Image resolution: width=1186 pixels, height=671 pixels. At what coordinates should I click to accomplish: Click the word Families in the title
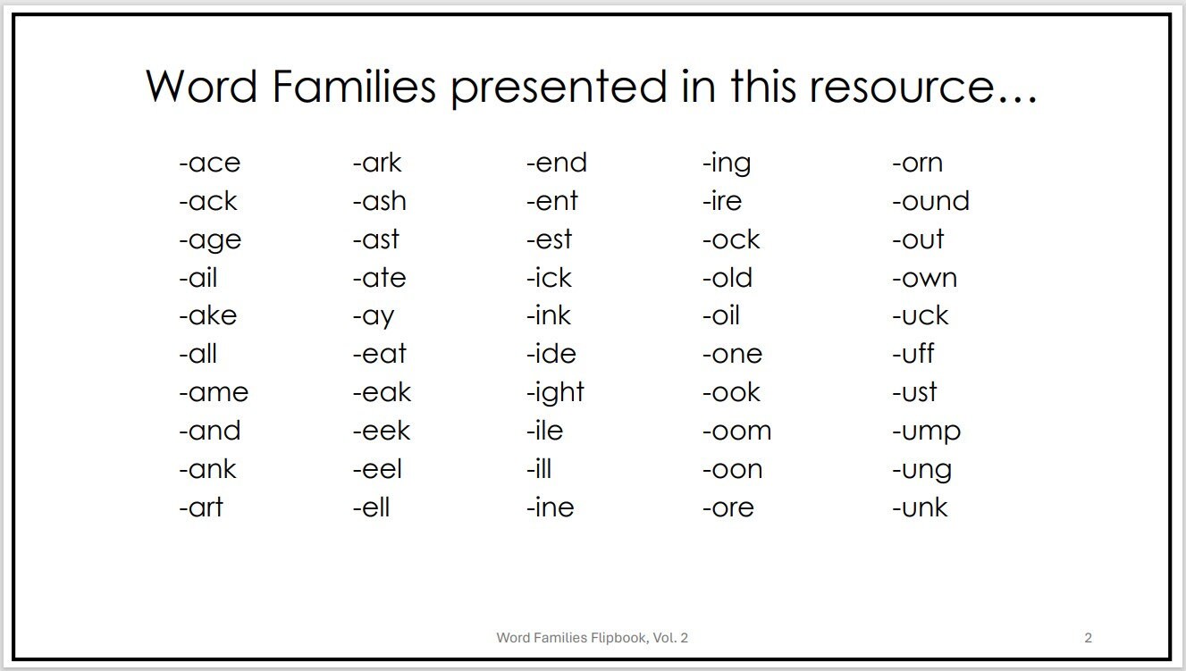point(354,87)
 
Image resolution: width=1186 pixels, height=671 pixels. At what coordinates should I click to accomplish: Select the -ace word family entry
point(209,164)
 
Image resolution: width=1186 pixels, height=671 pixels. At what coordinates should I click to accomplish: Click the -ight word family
point(555,393)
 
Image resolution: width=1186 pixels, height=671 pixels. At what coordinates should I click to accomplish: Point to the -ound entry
point(930,202)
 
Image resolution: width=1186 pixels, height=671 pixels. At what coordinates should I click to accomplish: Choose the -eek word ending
point(382,432)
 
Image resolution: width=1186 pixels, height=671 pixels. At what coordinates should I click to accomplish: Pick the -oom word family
point(736,432)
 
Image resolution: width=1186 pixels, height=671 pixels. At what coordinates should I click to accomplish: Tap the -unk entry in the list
point(920,508)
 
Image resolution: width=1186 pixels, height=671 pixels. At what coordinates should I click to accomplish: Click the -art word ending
point(201,508)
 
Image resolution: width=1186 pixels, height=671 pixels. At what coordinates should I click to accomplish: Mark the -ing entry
point(727,164)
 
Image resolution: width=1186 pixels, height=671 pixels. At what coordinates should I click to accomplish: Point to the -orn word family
point(917,164)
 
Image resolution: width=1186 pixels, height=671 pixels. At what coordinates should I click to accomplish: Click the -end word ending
point(556,164)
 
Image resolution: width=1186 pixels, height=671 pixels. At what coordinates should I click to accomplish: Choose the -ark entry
point(377,164)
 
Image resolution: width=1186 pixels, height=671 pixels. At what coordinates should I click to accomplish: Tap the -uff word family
point(913,355)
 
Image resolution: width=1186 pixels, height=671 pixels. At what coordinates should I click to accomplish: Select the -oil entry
point(720,316)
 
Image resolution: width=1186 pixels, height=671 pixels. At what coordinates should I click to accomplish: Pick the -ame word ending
point(214,393)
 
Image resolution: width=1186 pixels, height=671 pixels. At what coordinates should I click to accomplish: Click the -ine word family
point(550,508)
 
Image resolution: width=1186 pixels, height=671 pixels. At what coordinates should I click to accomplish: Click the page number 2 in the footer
point(1088,638)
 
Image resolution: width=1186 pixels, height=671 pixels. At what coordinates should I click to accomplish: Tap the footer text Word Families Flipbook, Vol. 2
point(592,638)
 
